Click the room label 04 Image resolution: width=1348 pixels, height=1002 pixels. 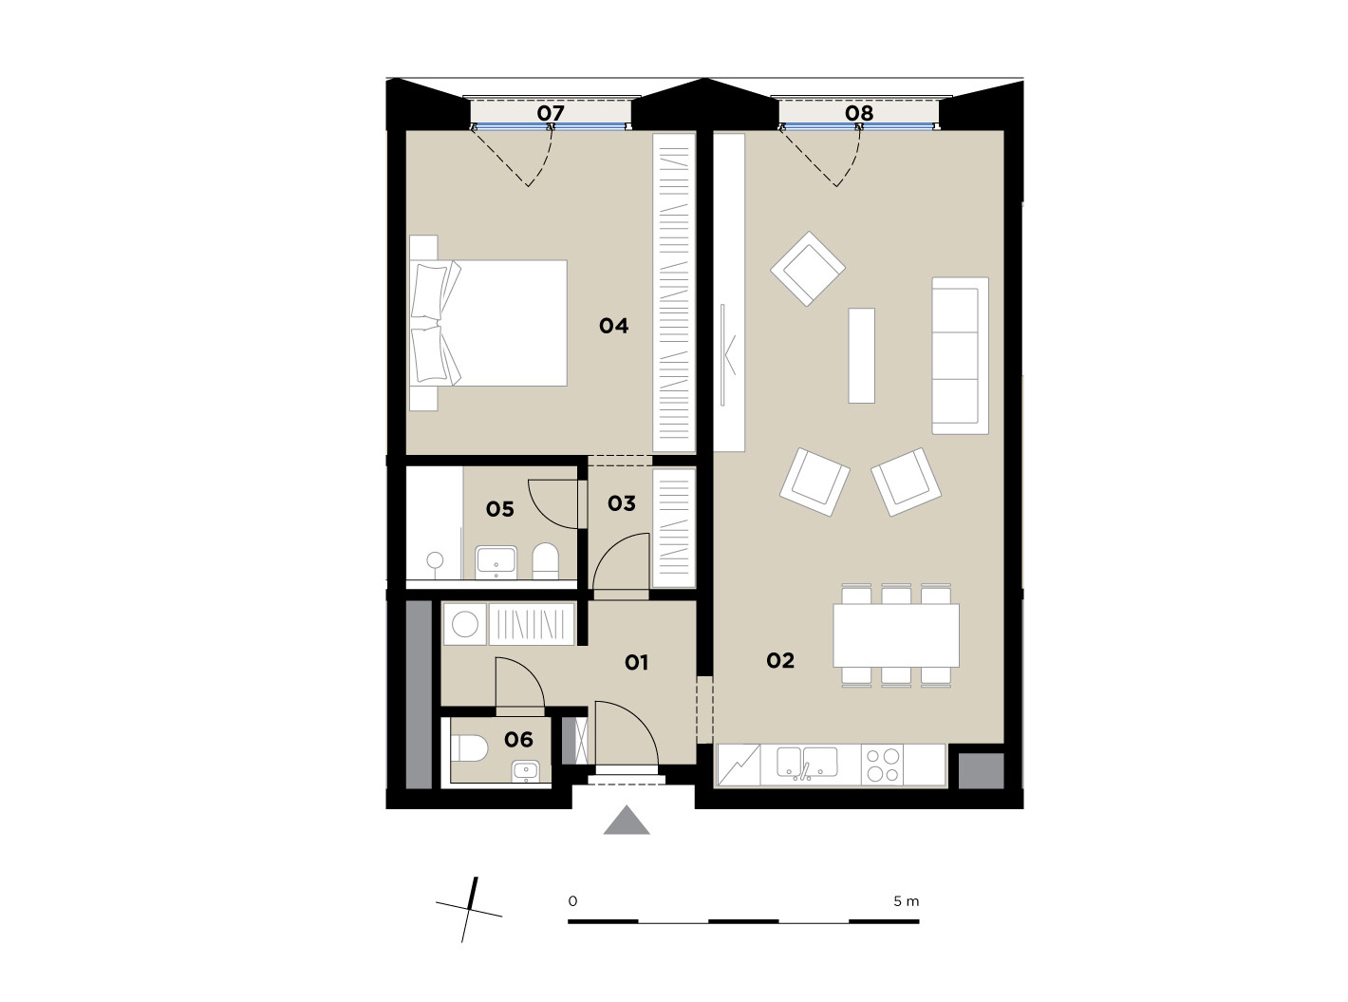[x=613, y=326]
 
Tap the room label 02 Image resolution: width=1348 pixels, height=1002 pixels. [x=779, y=660]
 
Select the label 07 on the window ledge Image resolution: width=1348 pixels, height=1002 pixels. [x=550, y=113]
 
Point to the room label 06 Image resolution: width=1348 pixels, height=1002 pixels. [x=518, y=739]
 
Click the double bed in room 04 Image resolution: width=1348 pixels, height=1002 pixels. [x=488, y=323]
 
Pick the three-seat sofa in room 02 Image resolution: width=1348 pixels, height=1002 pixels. [x=961, y=355]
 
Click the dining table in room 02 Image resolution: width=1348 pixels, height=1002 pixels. [x=896, y=635]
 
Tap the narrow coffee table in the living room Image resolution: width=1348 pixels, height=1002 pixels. [x=861, y=355]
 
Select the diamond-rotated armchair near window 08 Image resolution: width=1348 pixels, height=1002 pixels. [x=808, y=269]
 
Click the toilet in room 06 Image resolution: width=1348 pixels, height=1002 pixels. [x=469, y=748]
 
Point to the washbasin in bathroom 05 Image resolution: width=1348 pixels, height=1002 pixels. [x=496, y=562]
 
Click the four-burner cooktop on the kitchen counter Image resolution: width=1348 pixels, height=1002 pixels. [x=882, y=765]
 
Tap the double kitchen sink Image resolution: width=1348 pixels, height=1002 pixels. [x=807, y=764]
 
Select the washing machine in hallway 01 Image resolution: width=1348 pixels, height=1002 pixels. [x=465, y=624]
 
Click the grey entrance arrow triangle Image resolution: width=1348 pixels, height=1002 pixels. [x=627, y=821]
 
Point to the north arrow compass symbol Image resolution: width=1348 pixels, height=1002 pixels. [x=469, y=910]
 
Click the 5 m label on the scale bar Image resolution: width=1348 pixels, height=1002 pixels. [x=907, y=901]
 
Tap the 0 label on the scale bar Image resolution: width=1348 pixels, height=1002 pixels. [x=572, y=901]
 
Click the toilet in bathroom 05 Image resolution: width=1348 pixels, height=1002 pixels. [x=545, y=561]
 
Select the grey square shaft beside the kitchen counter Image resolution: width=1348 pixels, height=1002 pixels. [x=981, y=771]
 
